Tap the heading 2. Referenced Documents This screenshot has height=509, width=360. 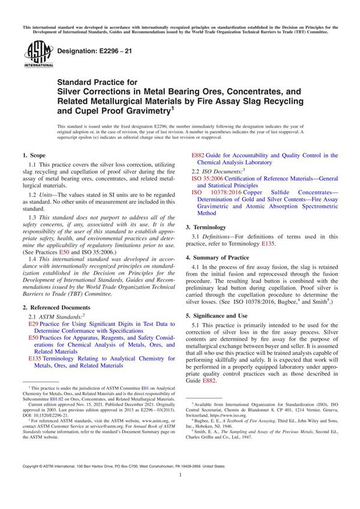click(59, 305)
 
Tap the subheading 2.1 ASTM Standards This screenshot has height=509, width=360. click(56, 315)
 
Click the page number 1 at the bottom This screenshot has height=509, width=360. click(180, 491)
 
